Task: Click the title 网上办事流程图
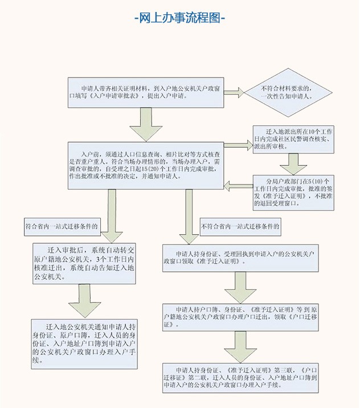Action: [179, 18]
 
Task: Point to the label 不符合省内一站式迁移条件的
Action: [240, 226]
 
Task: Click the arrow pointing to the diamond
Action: [238, 91]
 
